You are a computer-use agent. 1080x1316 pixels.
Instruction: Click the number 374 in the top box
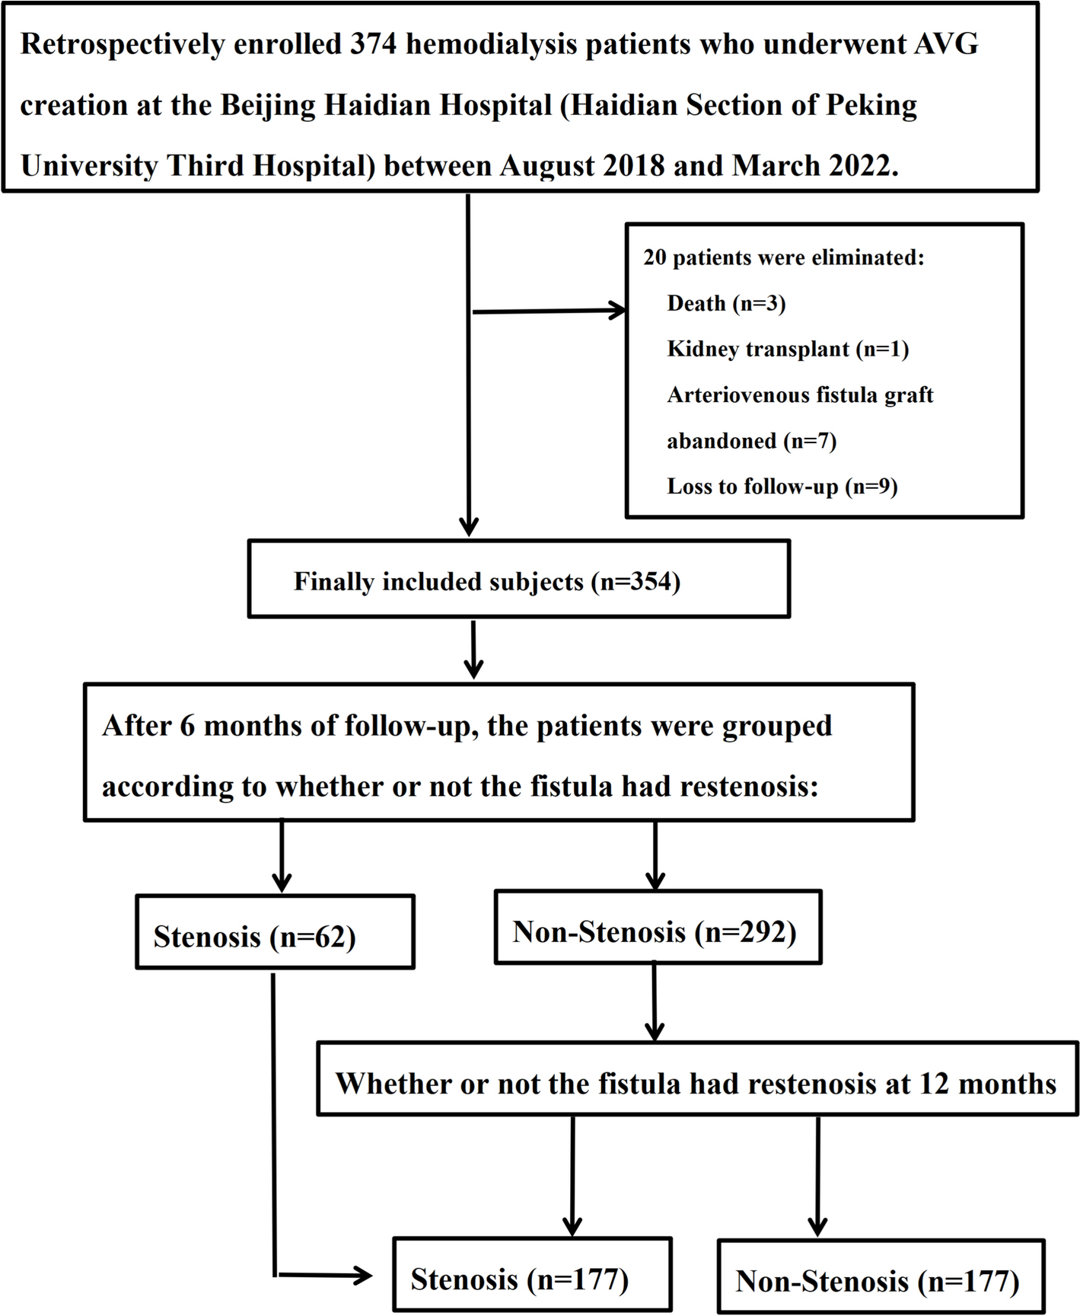pyautogui.click(x=373, y=44)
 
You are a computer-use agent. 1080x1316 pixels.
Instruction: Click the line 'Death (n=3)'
pyautogui.click(x=725, y=303)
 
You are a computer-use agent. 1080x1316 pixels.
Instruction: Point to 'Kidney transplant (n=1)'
pyautogui.click(x=788, y=349)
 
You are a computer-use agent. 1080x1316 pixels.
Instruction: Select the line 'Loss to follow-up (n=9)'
pyautogui.click(x=782, y=486)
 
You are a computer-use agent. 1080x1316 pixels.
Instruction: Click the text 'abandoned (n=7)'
pyautogui.click(x=751, y=440)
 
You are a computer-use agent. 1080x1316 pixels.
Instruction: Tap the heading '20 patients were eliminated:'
pyautogui.click(x=783, y=257)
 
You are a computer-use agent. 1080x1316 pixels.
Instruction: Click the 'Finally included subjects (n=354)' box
pyautogui.click(x=518, y=580)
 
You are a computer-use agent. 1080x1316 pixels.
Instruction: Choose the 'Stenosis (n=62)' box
pyautogui.click(x=275, y=932)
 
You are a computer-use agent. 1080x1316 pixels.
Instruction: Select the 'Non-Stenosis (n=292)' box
pyautogui.click(x=658, y=928)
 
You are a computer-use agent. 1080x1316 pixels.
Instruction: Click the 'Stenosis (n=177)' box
pyautogui.click(x=532, y=1274)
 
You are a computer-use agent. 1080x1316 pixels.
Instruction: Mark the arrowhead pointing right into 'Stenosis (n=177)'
pyautogui.click(x=364, y=1275)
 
